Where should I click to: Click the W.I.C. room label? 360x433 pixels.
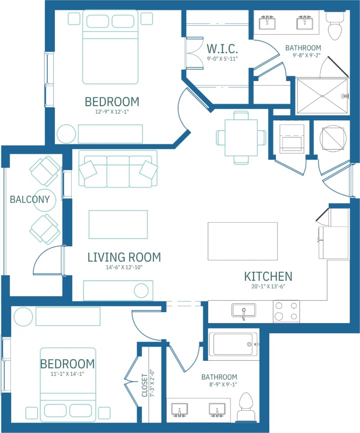[222, 49]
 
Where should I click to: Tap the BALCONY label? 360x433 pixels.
[30, 200]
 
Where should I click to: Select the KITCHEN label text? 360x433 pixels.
[268, 276]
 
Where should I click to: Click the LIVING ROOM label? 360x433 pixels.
[124, 257]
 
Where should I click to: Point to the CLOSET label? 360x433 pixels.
[144, 386]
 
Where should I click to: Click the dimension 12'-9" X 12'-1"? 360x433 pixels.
[111, 113]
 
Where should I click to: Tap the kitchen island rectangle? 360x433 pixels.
[242, 241]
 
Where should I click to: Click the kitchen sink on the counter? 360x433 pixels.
[243, 310]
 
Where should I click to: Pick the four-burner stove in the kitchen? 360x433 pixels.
[286, 311]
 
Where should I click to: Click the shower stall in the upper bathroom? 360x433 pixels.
[322, 96]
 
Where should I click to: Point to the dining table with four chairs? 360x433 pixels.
[241, 137]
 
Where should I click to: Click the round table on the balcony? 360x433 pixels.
[45, 200]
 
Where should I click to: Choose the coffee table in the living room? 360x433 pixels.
[118, 224]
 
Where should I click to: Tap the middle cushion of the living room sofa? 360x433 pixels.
[118, 171]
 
